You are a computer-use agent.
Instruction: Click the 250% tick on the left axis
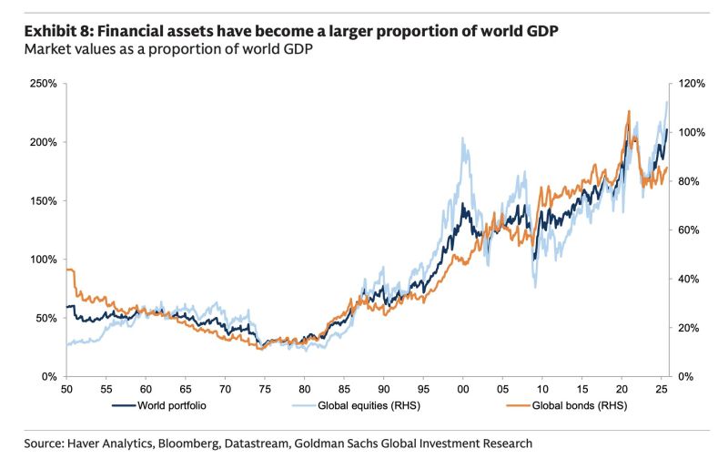click(43, 84)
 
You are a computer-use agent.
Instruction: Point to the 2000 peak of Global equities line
click(463, 139)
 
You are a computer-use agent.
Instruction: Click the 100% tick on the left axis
click(43, 260)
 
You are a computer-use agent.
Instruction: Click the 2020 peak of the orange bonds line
click(628, 111)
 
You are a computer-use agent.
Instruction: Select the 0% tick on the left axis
click(49, 376)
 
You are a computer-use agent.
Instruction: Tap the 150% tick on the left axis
click(43, 201)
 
